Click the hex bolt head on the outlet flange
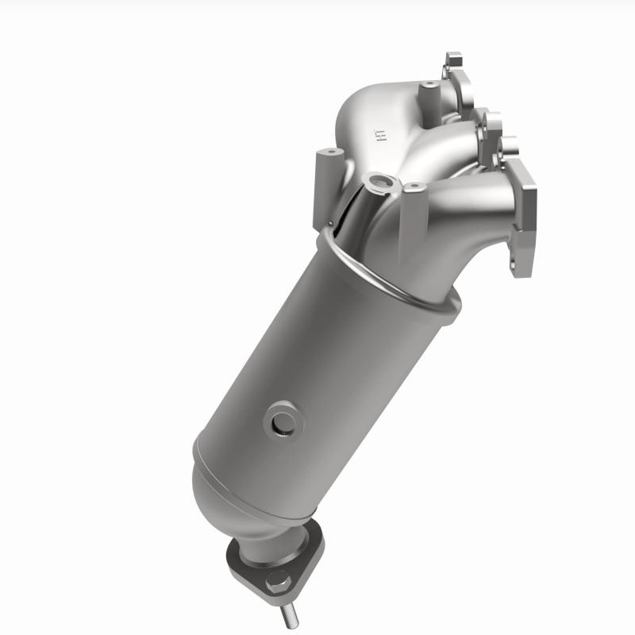click(x=277, y=583)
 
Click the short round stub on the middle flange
click(x=508, y=145)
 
